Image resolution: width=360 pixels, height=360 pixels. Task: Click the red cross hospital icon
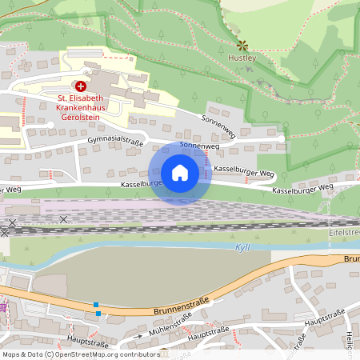coord(80,85)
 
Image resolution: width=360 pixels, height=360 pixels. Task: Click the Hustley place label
coord(241,58)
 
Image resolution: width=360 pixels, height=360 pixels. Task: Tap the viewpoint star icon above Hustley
coord(241,46)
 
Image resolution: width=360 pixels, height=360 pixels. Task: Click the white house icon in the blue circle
coord(180,173)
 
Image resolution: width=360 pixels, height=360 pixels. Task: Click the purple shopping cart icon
coord(3,306)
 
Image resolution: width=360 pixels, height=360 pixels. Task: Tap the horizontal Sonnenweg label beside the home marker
coord(199,146)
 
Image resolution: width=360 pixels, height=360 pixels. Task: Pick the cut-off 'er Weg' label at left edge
coord(10,190)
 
